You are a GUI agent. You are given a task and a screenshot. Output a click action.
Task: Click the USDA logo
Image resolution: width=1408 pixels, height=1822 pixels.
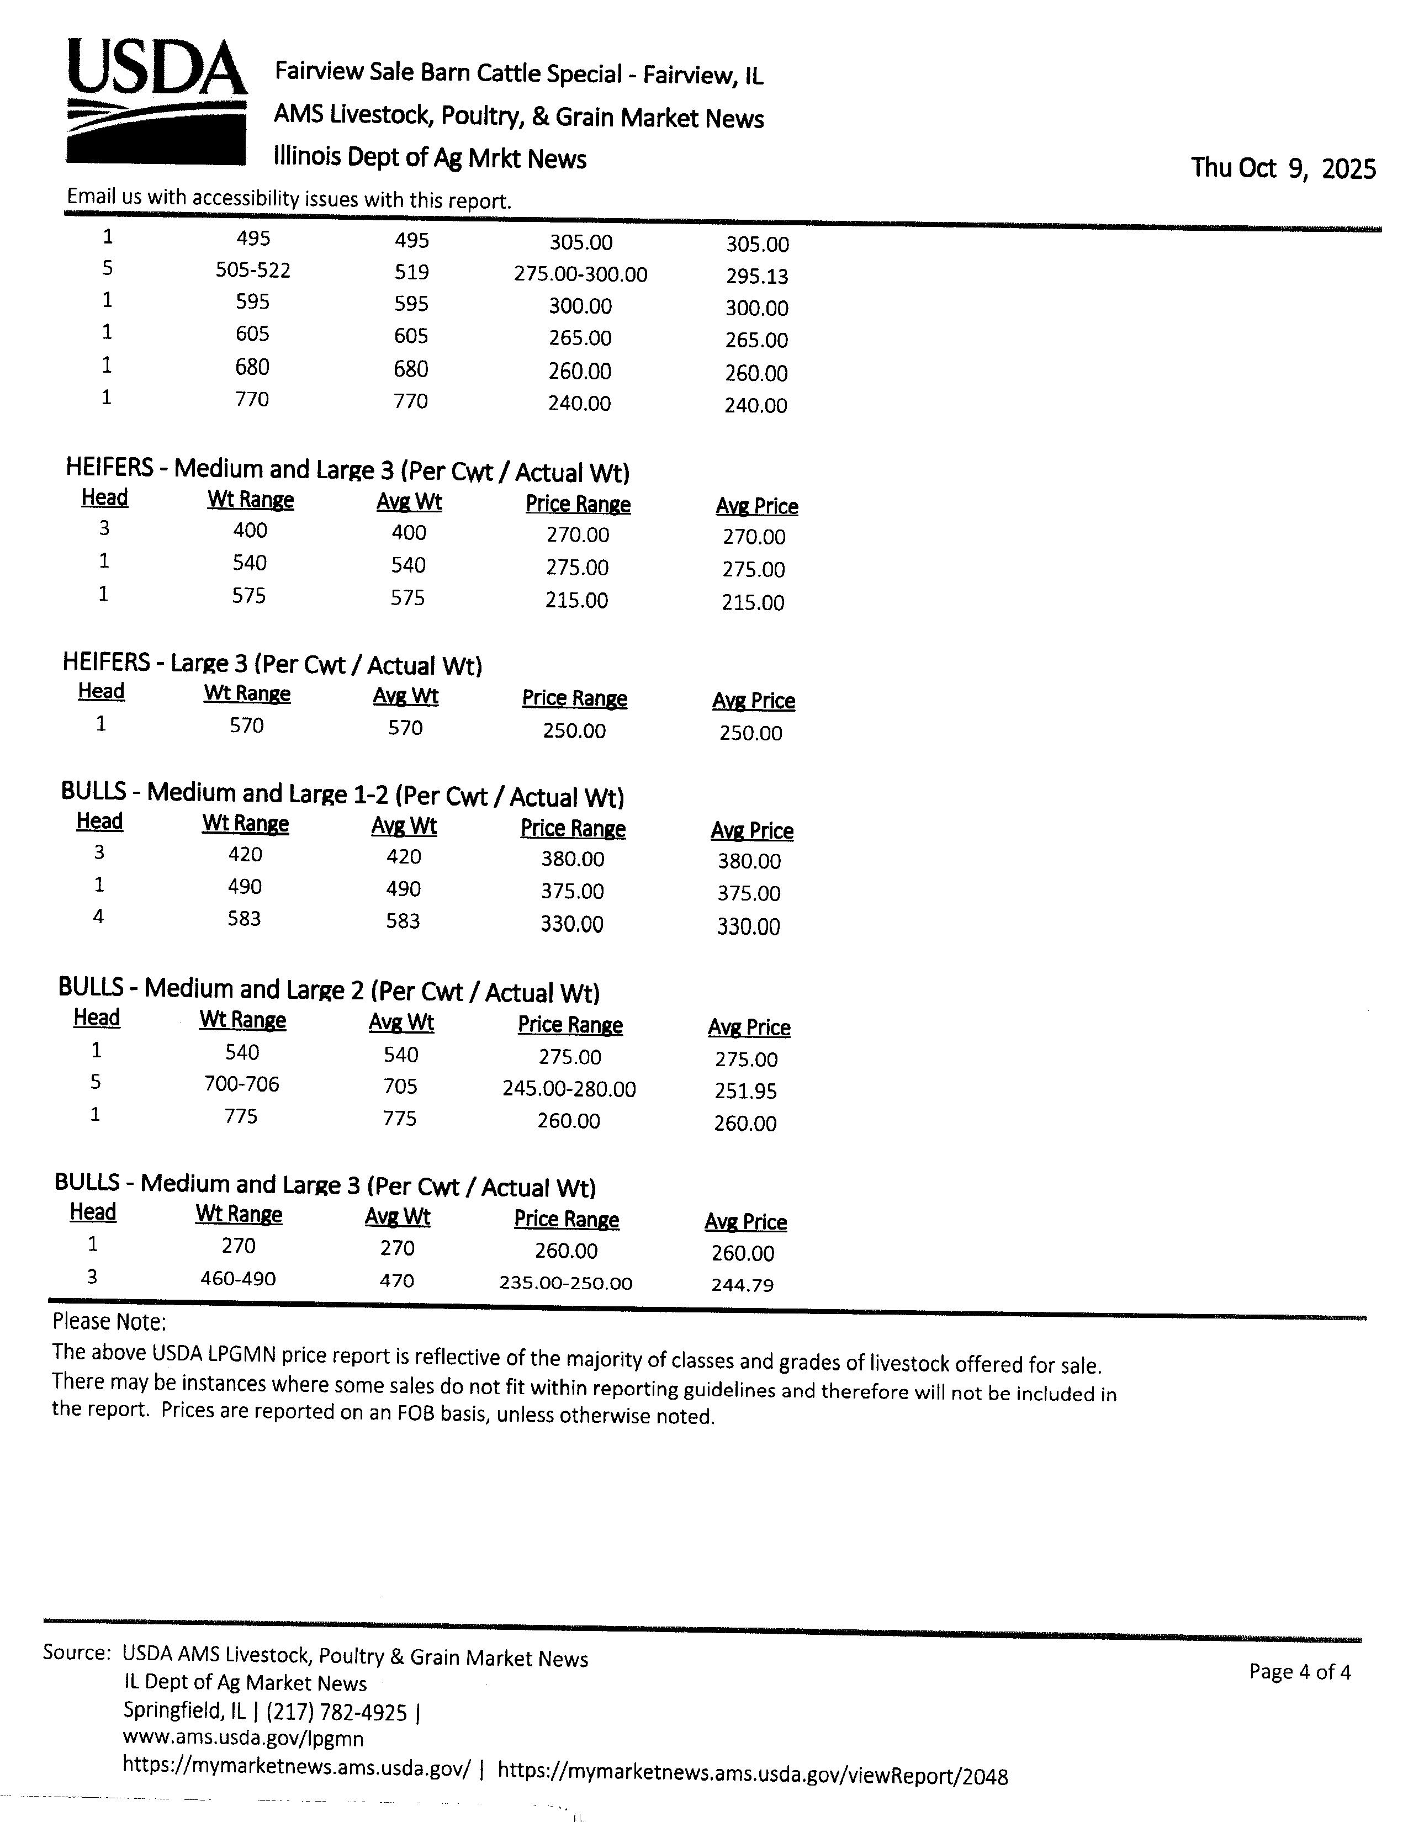156,102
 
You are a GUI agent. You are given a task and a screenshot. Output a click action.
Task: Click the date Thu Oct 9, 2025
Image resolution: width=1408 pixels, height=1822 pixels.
1283,168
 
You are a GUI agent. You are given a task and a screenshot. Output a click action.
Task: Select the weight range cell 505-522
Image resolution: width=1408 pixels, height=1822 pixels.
253,271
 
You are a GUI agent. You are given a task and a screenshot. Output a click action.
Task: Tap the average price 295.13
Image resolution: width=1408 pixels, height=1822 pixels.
756,276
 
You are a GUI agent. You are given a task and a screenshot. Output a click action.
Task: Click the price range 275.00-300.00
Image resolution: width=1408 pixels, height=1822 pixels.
580,274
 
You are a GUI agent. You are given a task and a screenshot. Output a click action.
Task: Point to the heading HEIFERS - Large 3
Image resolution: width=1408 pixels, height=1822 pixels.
272,665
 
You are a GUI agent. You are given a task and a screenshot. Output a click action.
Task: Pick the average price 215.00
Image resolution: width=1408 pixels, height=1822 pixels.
753,602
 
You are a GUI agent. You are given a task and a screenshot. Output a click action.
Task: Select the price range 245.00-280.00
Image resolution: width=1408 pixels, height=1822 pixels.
569,1089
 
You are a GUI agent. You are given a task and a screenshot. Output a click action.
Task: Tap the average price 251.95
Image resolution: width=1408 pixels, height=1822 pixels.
746,1091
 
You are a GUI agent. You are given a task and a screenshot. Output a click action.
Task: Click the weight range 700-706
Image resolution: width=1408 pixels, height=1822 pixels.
241,1084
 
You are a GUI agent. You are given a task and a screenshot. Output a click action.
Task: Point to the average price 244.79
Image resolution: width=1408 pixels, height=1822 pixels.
742,1285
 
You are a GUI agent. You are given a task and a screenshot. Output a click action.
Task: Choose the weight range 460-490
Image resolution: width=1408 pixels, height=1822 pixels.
238,1278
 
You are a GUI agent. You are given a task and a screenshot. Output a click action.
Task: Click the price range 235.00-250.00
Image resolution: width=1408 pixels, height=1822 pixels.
565,1282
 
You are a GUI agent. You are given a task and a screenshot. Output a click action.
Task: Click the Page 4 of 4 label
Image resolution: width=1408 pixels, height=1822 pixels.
1300,1672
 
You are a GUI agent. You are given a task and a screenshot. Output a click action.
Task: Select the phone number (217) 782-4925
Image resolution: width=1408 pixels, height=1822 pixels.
337,1713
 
